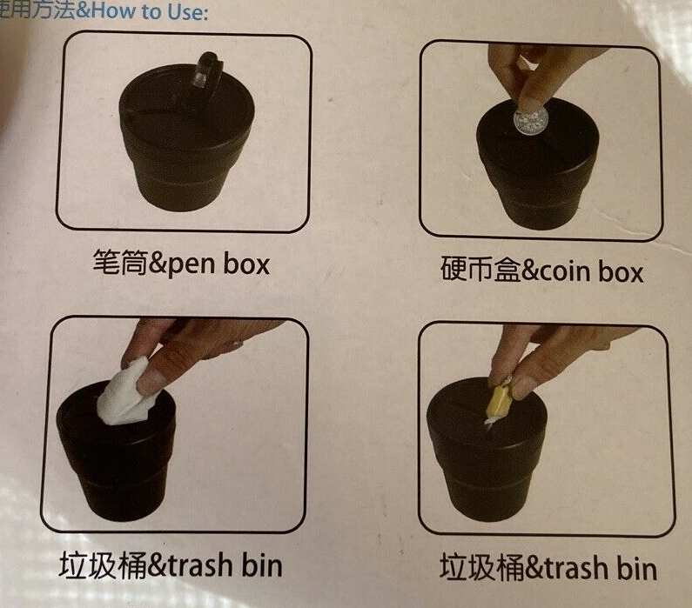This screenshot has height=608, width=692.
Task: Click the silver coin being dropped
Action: coord(530,121)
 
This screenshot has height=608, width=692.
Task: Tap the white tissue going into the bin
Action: coord(125,395)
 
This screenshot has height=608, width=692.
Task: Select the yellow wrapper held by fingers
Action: coord(499,400)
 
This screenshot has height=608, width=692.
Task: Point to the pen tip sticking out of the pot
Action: coord(206,70)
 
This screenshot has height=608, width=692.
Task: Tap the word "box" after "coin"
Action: coord(621,271)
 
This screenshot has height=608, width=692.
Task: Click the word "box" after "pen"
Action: coord(245,264)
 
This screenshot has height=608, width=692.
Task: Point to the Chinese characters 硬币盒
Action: coord(480,269)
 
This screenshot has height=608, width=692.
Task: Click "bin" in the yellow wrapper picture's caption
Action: coord(637,568)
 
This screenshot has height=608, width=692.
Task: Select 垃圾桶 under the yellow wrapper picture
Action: coord(482,567)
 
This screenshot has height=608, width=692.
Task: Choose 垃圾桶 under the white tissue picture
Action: coord(102,565)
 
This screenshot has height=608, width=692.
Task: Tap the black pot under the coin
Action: coord(538,172)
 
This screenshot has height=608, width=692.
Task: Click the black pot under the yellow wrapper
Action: coord(487,454)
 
